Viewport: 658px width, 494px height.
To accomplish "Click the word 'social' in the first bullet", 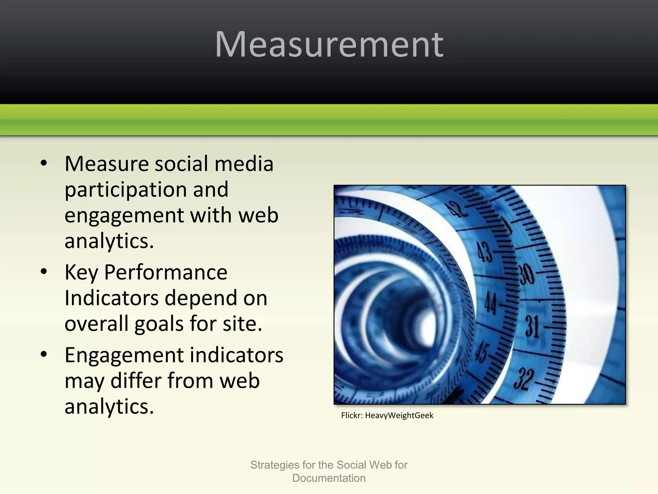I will [182, 164].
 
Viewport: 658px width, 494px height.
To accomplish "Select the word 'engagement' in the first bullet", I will [124, 215].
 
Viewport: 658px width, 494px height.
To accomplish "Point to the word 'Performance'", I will [166, 272].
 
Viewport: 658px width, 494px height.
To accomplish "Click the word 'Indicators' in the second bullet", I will [111, 298].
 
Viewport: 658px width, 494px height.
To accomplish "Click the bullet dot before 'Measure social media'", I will [44, 163].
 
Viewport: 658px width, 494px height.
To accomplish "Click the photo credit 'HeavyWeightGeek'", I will [399, 416].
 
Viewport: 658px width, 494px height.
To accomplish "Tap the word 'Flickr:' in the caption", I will [352, 416].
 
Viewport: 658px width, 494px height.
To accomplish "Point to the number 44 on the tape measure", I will [491, 303].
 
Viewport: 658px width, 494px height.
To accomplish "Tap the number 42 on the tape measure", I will [456, 209].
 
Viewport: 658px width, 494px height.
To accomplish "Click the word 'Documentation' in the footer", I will [329, 478].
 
